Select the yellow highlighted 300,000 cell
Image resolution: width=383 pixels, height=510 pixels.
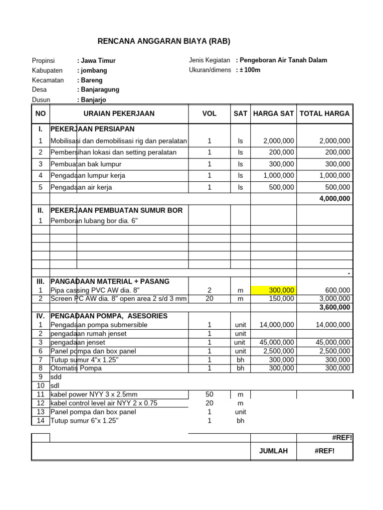[274, 290]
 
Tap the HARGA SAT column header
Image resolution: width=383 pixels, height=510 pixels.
[273, 114]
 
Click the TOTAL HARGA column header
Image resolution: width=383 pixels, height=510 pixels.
[325, 114]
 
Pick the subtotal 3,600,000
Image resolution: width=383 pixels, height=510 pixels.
[335, 307]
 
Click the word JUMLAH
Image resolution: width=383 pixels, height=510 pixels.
[273, 451]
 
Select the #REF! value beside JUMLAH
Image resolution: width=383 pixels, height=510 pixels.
[325, 451]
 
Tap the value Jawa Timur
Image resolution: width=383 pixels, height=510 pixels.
[98, 61]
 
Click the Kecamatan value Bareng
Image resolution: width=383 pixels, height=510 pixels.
[91, 80]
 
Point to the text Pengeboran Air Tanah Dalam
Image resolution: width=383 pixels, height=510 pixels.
[283, 60]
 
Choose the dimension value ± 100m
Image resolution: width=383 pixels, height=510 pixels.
[249, 70]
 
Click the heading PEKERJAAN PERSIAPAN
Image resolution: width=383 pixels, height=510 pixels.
[93, 129]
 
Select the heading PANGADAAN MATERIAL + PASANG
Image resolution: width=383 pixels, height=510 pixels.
[110, 281]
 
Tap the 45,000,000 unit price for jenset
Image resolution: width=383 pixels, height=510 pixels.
[277, 342]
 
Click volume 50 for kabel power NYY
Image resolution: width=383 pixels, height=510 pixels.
[209, 394]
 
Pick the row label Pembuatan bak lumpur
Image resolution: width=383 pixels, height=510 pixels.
[86, 164]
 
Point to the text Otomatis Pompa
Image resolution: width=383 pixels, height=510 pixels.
[76, 368]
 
